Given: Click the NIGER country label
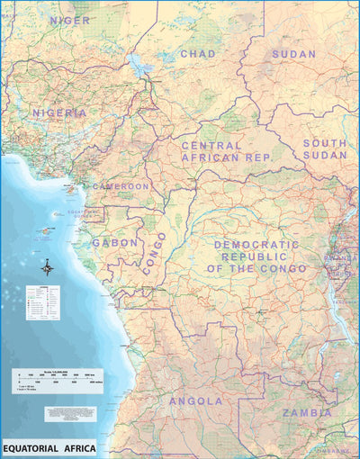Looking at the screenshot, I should click(x=69, y=19).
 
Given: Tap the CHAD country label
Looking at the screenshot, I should click(x=198, y=54).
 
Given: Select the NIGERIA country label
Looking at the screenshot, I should click(x=59, y=113).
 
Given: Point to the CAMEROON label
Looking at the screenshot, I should click(x=121, y=186).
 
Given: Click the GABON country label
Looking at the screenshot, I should click(x=115, y=243).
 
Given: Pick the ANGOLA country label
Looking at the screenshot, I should click(x=195, y=400).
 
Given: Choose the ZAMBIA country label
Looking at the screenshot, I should click(x=307, y=413).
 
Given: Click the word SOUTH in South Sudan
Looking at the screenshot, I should click(x=324, y=143).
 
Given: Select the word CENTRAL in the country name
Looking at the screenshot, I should click(x=211, y=145).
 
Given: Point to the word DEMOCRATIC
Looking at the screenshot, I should click(x=256, y=245).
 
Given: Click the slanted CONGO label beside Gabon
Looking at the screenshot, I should click(x=154, y=253).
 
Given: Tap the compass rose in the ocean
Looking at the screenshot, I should click(x=47, y=268).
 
